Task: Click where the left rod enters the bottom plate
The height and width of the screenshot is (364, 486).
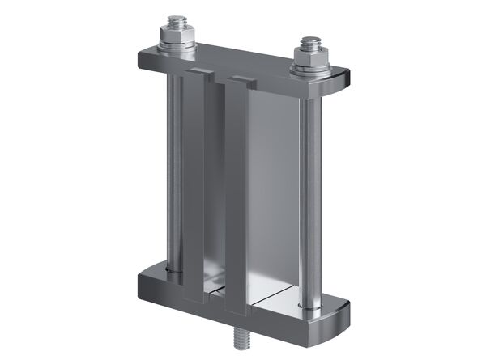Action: pos(172,268)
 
